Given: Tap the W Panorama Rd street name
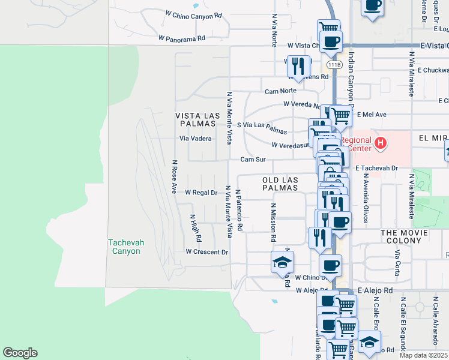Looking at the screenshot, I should (182, 38).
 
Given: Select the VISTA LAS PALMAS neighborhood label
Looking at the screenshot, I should (195, 119).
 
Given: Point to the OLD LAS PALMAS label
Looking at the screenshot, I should (280, 184).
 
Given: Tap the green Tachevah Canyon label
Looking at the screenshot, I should (125, 247).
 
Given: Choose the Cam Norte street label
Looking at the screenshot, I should (281, 91).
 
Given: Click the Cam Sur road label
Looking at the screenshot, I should (253, 160).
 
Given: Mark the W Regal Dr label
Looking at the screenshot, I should (201, 193).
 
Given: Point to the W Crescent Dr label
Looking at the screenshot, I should (207, 252).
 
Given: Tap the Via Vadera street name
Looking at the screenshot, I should (196, 138).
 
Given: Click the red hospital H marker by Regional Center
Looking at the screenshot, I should (379, 143).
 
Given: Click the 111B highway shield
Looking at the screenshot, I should (334, 64).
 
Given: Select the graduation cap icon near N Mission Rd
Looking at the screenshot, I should (282, 262).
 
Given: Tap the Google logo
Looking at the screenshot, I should (20, 353).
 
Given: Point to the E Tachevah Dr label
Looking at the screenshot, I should (376, 169).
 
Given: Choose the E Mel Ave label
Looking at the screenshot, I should (372, 114).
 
